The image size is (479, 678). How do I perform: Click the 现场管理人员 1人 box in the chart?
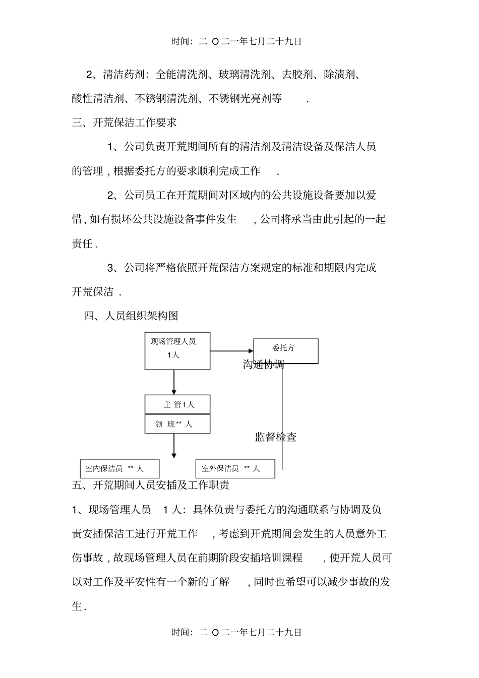[177, 351]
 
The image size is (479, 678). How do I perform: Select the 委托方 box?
[285, 350]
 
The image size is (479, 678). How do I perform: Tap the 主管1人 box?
[177, 404]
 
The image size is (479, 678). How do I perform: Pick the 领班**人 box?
[177, 424]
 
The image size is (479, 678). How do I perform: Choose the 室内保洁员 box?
[119, 469]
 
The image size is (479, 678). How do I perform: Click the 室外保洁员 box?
[235, 469]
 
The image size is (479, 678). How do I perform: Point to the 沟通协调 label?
[263, 364]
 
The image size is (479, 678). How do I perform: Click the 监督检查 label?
[275, 437]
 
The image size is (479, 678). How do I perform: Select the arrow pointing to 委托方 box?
[232, 351]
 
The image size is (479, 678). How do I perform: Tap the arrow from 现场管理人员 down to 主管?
[174, 382]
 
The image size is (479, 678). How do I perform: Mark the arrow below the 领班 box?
[174, 446]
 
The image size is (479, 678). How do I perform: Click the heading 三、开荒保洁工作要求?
[124, 122]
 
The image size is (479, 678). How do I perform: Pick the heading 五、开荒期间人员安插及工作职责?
[151, 485]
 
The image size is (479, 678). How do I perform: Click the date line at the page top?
[236, 42]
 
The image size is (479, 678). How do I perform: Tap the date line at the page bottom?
[236, 632]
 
